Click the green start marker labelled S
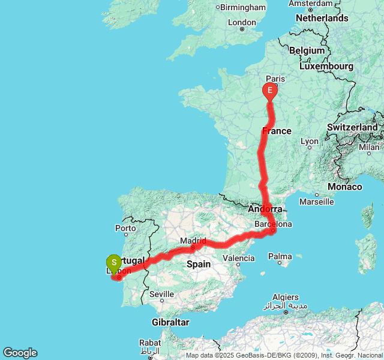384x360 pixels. point(113,263)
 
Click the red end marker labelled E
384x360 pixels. point(270,91)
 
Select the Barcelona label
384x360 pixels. point(273,224)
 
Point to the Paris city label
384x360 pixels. point(275,79)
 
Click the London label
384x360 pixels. point(242,23)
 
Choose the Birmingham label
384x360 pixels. point(242,7)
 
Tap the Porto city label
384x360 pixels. point(125,228)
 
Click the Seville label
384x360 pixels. point(161,294)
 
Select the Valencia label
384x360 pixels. point(238,259)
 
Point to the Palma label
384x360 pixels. point(280,257)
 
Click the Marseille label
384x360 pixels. point(316,202)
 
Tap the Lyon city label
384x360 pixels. point(310,142)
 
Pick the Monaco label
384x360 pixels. point(344,187)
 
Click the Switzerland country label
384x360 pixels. point(352,127)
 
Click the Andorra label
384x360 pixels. point(265,209)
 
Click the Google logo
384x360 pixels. point(20,353)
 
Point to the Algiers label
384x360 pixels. point(286,297)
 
